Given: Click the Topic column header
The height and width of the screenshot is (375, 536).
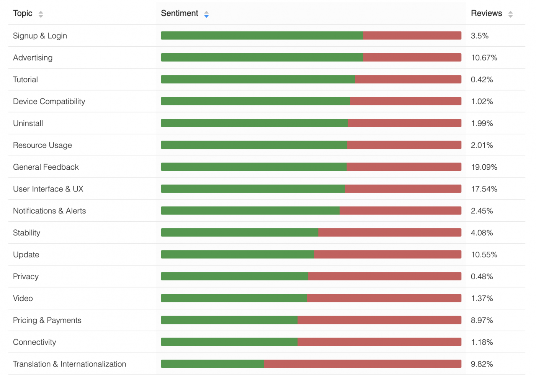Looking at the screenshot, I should click(x=23, y=13).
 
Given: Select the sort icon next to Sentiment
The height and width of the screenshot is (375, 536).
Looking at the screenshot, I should click(x=206, y=14).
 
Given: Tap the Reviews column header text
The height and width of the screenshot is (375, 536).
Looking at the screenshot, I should click(x=486, y=13).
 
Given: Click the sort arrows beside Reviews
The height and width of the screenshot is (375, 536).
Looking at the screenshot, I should click(x=510, y=14).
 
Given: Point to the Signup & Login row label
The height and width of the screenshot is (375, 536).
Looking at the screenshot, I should click(x=40, y=36).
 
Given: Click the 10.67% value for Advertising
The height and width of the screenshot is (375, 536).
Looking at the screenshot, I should click(x=484, y=58).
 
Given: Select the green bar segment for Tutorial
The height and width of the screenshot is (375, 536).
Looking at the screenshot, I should click(x=258, y=79).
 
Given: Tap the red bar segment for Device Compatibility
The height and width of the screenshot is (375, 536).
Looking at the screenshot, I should click(x=406, y=101).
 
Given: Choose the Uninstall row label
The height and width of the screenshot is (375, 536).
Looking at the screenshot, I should click(x=28, y=123).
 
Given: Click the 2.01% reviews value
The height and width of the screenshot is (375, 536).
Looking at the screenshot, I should click(x=482, y=145).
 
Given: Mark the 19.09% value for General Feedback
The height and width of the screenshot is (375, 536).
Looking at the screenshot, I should click(x=484, y=167).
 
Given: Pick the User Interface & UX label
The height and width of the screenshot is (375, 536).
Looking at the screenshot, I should click(x=48, y=189).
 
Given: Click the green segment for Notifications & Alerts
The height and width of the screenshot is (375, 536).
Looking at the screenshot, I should click(x=250, y=211).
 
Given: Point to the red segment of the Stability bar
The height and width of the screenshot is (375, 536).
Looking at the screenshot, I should click(x=390, y=233).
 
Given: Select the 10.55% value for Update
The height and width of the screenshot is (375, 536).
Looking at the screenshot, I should click(x=484, y=255).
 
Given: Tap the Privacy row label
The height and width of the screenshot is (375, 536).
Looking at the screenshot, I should click(x=26, y=277).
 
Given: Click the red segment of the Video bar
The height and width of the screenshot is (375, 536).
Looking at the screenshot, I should click(x=384, y=298).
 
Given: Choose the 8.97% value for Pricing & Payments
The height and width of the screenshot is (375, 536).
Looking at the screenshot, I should click(x=482, y=320).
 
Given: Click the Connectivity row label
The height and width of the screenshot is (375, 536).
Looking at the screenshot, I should click(x=34, y=342).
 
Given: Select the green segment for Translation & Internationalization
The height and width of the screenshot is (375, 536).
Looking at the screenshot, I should click(x=212, y=364).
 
